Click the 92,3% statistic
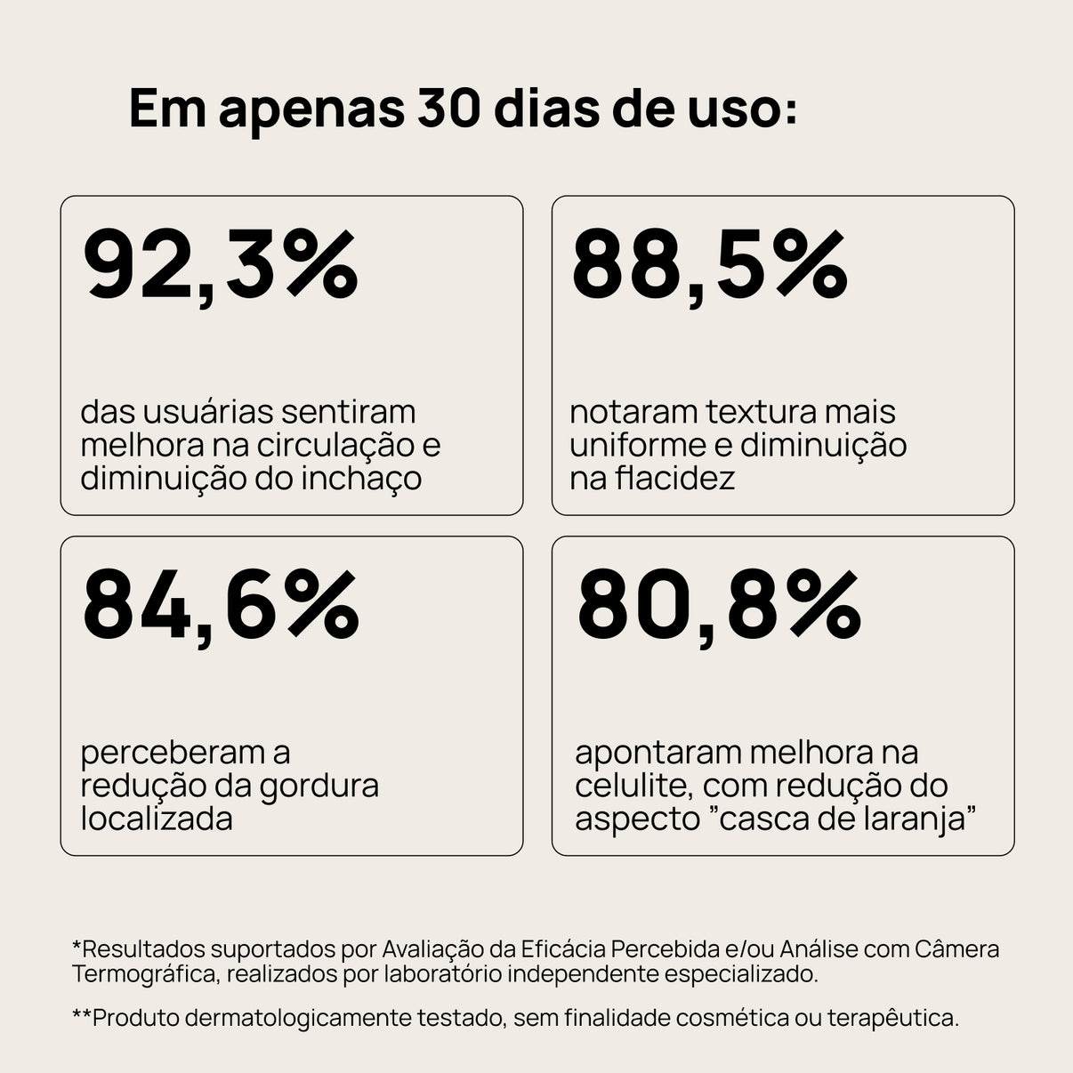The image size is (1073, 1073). tap(220, 265)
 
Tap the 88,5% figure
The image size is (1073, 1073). tap(709, 265)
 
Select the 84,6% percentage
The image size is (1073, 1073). tap(221, 606)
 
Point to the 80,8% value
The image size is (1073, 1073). tap(718, 606)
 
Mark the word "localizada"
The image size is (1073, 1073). tap(157, 819)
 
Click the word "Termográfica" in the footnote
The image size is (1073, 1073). tap(144, 974)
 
